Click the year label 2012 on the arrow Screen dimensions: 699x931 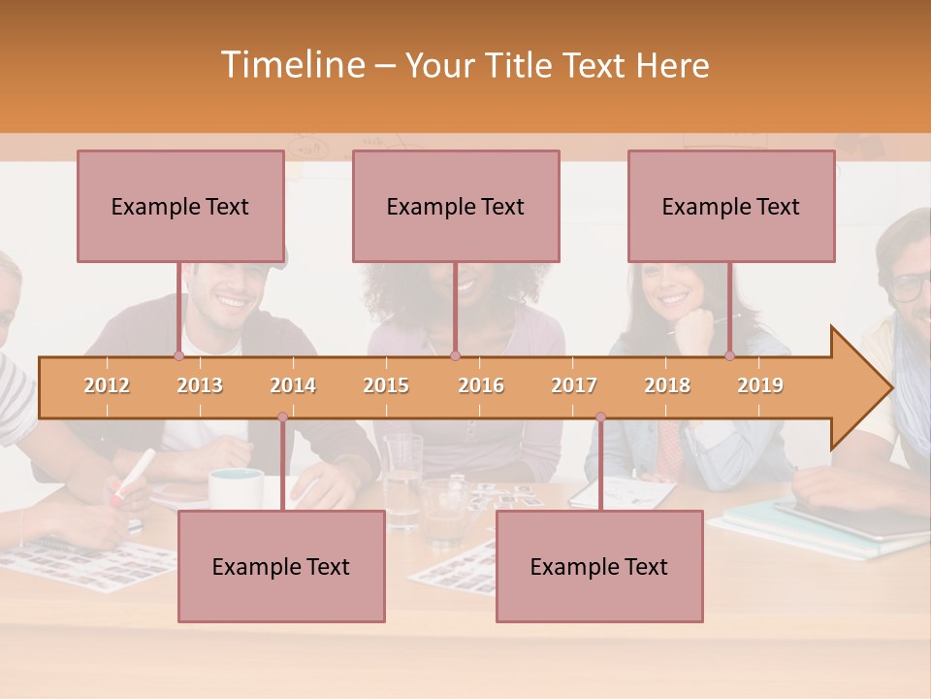coord(107,385)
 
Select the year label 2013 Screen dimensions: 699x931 coord(200,385)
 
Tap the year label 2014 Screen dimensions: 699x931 coord(293,385)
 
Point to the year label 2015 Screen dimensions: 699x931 coord(386,385)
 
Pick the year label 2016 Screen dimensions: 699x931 coord(481,385)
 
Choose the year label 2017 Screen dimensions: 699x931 coord(574,385)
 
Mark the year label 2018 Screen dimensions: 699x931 coord(667,385)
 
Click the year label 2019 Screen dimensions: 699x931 coord(760,385)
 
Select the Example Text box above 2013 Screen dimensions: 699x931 coord(180,206)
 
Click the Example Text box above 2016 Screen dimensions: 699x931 coord(456,206)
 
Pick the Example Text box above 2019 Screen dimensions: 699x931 coord(731,206)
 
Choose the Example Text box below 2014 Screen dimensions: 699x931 coord(281,566)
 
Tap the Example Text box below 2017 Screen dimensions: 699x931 coord(599,566)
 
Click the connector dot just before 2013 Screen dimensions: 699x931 coord(178,356)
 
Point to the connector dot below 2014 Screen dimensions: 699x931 coord(282,417)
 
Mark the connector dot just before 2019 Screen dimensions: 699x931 coord(729,356)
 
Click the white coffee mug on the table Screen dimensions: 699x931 coord(236,488)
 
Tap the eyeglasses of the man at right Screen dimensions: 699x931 coord(910,286)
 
